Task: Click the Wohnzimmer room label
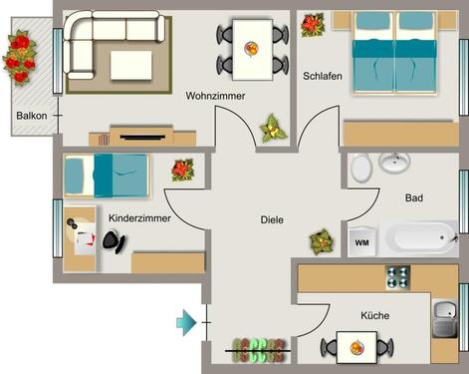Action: click(x=215, y=96)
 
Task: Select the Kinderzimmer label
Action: click(x=139, y=214)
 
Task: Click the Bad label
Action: click(x=413, y=198)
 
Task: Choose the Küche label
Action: click(x=375, y=315)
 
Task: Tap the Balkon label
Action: click(x=32, y=116)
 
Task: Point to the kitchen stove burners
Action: click(x=399, y=276)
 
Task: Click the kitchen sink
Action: click(x=444, y=322)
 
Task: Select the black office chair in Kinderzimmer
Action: click(x=116, y=239)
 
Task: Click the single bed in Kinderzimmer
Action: click(x=106, y=175)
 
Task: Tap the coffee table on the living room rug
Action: click(x=131, y=65)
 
